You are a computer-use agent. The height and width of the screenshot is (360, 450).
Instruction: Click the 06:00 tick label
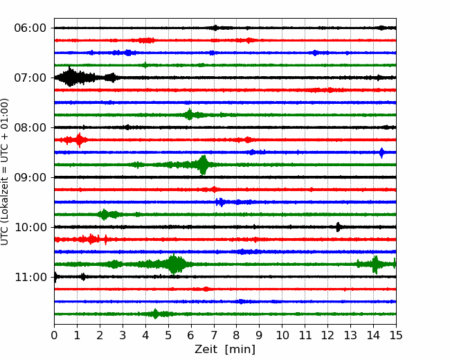(x=30, y=28)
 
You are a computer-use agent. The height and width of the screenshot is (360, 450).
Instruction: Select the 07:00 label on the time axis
(x=30, y=78)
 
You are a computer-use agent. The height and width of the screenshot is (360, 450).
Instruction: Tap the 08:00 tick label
(x=30, y=127)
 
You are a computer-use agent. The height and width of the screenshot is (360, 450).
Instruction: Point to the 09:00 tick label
(x=30, y=177)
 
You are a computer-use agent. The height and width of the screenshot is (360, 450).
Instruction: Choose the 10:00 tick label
(x=30, y=227)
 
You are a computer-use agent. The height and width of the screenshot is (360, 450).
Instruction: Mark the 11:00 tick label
(x=30, y=277)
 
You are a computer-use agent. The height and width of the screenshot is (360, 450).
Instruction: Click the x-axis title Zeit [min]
(x=225, y=350)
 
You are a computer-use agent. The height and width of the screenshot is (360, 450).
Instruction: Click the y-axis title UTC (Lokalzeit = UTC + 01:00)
(x=6, y=172)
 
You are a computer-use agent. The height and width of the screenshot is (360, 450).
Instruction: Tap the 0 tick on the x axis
(x=55, y=336)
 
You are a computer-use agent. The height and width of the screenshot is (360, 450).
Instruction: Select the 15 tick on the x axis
(x=396, y=336)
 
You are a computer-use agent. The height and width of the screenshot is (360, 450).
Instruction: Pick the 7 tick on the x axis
(x=214, y=336)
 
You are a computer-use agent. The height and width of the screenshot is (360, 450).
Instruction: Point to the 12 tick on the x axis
(x=327, y=336)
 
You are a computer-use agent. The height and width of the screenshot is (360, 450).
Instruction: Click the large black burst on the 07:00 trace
(x=71, y=77)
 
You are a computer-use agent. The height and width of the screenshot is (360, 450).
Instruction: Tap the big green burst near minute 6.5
(x=203, y=165)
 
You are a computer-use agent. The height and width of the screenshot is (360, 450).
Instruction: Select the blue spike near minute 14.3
(x=381, y=152)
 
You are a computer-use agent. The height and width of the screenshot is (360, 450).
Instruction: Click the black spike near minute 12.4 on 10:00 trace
(x=338, y=227)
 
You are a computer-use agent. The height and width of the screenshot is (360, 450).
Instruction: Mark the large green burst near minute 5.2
(x=174, y=264)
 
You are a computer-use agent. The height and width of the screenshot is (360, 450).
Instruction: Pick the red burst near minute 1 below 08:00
(x=80, y=140)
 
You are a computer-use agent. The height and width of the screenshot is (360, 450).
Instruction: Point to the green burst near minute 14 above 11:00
(x=375, y=264)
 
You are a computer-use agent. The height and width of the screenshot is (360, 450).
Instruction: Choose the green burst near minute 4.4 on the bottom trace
(x=155, y=314)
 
